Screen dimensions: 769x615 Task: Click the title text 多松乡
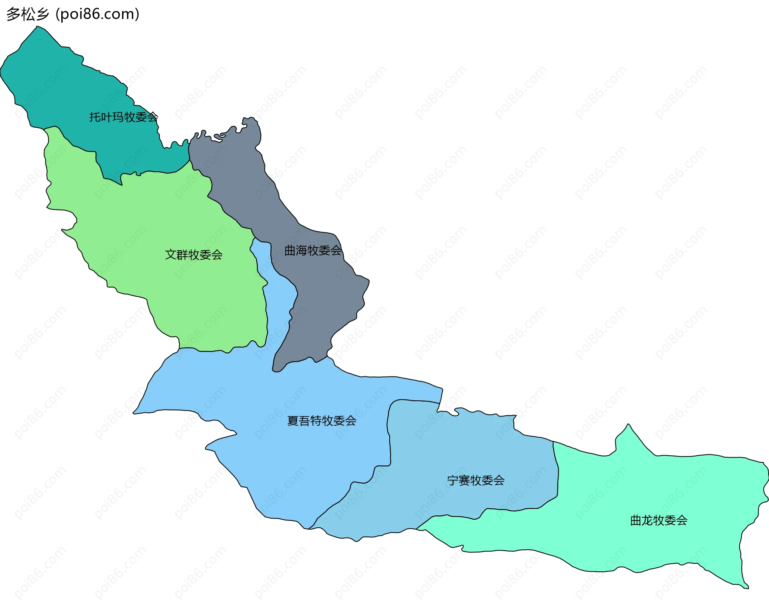[x=27, y=14]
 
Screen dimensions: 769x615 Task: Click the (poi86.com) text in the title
[x=98, y=14]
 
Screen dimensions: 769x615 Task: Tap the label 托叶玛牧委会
[x=123, y=117]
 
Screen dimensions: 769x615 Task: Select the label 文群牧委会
[x=194, y=255]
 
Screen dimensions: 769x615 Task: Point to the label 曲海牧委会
[x=313, y=251]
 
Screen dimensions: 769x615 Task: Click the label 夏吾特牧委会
[x=322, y=421]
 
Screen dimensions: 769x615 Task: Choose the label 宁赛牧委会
[x=476, y=480]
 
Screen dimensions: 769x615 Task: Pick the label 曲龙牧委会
[x=659, y=521]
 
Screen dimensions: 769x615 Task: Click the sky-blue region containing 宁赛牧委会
[x=461, y=448]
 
